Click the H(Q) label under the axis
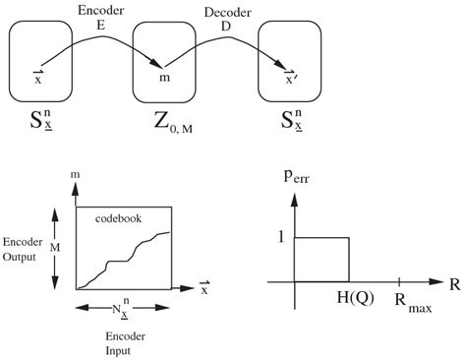pos(349,298)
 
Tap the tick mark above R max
pos(398,281)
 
